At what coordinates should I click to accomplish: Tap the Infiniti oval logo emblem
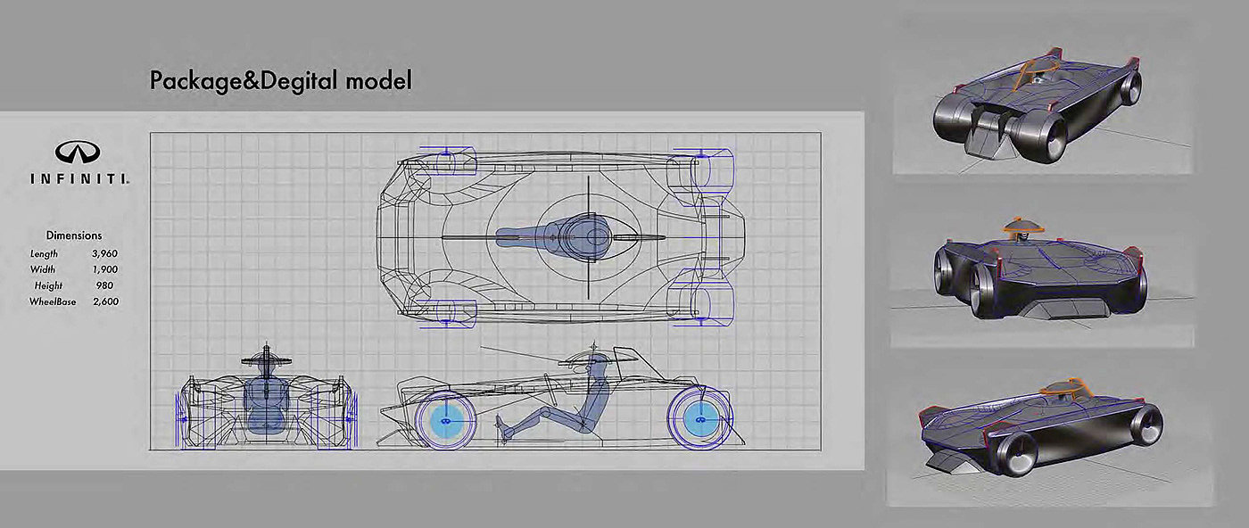(78, 152)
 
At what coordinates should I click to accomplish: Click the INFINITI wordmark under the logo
(78, 178)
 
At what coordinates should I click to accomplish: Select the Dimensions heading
(73, 235)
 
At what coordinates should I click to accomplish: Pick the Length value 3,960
(104, 253)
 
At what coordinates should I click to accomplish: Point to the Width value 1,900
(104, 269)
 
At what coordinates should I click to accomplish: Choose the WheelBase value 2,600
(104, 302)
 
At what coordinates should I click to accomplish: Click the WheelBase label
(54, 302)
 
